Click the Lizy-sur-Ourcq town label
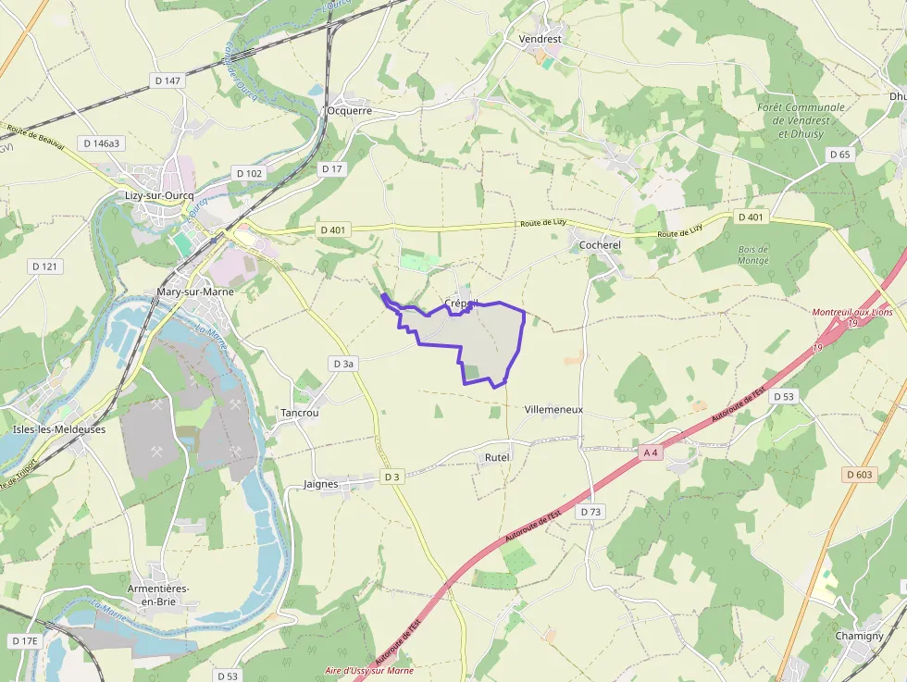coord(159,195)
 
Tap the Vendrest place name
coord(540,40)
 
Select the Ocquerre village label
coord(349,110)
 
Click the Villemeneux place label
coord(553,409)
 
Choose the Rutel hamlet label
coord(497,457)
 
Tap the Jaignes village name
coord(327,484)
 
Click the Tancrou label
coord(299,413)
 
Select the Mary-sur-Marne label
coord(195,291)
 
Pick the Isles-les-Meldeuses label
coord(59,429)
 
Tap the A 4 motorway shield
coord(652,453)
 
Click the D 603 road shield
coord(859,475)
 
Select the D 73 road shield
coord(590,512)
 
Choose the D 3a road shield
coord(342,365)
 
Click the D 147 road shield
coord(168,81)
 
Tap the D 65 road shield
coord(839,155)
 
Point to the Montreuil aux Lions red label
coord(852,312)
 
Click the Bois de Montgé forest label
coord(753,255)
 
